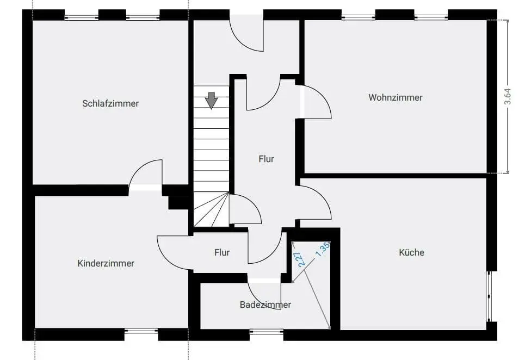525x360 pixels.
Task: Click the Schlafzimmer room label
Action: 110,103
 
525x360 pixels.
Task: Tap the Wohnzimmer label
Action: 396,98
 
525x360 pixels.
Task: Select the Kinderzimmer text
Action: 106,264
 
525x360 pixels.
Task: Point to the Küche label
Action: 411,252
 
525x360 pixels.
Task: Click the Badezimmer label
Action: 265,305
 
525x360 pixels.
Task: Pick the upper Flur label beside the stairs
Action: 266,159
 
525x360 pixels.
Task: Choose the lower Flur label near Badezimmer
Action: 222,252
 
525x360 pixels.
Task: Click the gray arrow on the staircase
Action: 212,101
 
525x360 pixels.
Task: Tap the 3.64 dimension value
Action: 508,96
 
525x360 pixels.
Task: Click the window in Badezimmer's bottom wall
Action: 267,331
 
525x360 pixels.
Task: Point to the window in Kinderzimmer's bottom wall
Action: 141,331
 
